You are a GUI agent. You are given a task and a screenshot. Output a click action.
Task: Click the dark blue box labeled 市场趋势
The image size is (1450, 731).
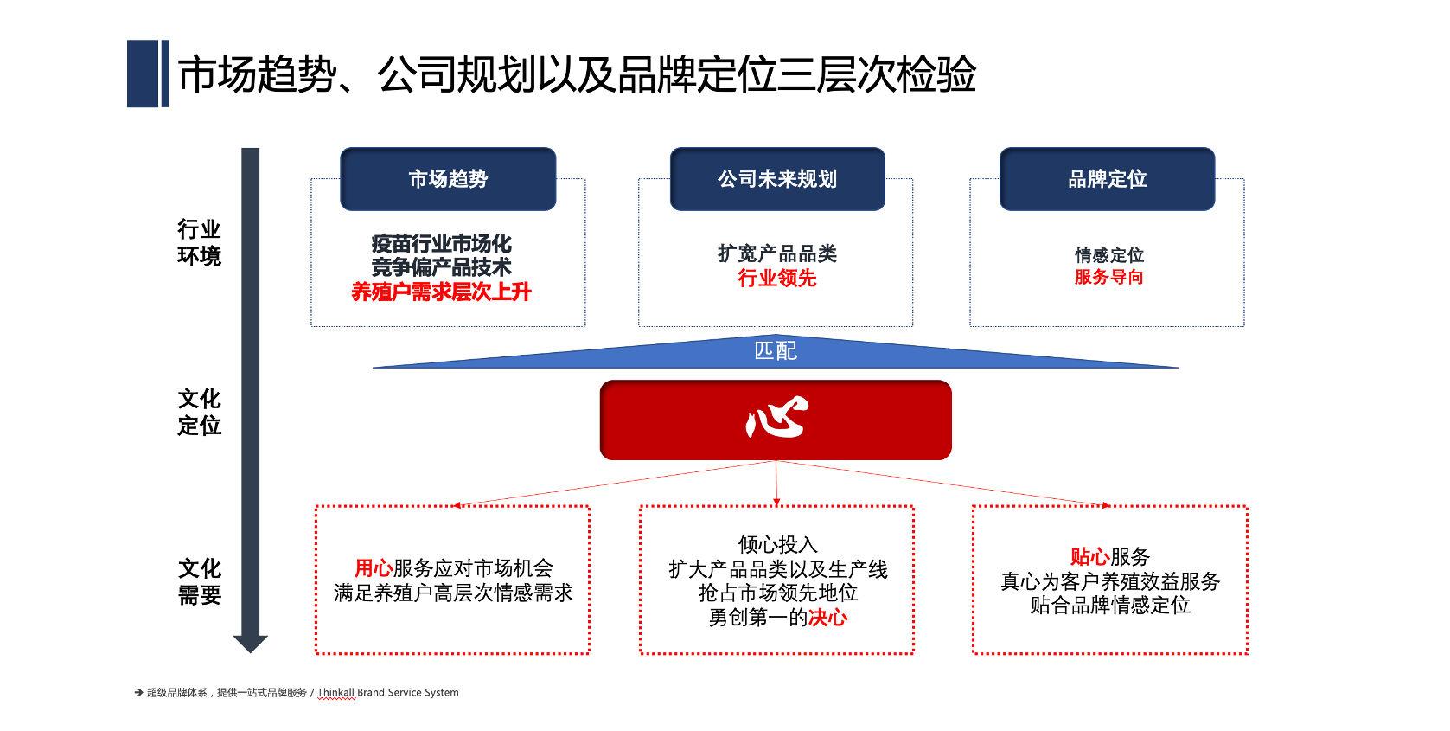click(448, 179)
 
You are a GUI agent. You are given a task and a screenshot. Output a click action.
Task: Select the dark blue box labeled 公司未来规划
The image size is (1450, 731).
click(777, 179)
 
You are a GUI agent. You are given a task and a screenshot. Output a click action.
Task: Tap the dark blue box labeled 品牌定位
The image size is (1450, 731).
click(1107, 179)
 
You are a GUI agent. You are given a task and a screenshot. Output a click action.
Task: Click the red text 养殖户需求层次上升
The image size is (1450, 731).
click(442, 292)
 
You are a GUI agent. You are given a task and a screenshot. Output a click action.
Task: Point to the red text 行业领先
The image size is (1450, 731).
click(777, 279)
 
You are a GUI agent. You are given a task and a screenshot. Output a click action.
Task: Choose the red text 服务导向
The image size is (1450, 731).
click(1108, 277)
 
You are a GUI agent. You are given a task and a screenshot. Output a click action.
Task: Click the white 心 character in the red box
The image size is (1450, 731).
click(776, 418)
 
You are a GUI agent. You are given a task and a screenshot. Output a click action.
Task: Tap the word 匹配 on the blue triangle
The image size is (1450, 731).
click(776, 351)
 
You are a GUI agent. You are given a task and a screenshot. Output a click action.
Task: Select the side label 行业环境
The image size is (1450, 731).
click(200, 243)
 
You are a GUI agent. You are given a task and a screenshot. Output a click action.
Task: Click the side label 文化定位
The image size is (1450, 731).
click(200, 413)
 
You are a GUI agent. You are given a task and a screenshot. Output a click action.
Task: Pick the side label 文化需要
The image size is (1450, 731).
click(200, 582)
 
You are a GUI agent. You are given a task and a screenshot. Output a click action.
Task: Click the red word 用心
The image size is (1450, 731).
click(374, 568)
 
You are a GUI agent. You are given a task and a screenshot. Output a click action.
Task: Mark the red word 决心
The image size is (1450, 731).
click(828, 618)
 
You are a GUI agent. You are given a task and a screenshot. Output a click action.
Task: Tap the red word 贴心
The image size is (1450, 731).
click(1090, 557)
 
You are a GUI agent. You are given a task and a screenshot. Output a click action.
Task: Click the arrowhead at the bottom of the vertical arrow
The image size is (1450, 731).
click(251, 644)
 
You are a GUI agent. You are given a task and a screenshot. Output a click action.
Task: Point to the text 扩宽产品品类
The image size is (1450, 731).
click(777, 253)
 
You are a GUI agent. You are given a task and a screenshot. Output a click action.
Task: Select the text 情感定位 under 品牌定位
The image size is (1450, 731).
click(1108, 255)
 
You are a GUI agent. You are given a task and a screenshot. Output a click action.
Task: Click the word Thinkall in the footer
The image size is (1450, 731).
click(336, 692)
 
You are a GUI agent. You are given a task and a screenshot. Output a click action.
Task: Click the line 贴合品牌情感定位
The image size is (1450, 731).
click(1110, 606)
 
